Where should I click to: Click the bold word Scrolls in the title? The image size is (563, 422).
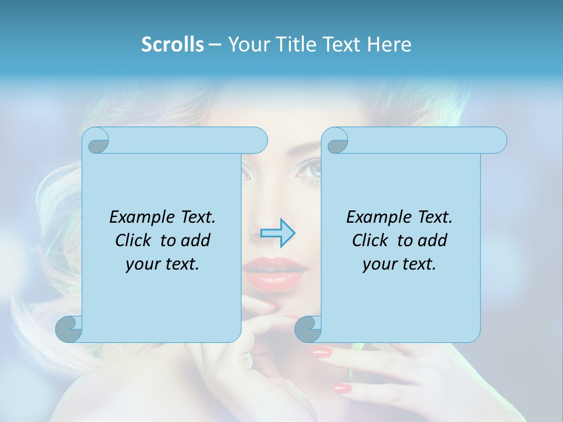(172, 45)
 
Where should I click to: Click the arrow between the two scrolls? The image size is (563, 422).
(277, 233)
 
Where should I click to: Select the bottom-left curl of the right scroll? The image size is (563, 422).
(308, 329)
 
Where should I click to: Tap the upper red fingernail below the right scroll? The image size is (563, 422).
(322, 352)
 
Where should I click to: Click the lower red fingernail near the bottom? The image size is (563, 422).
(342, 388)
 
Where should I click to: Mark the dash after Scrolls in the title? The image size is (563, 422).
(215, 45)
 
